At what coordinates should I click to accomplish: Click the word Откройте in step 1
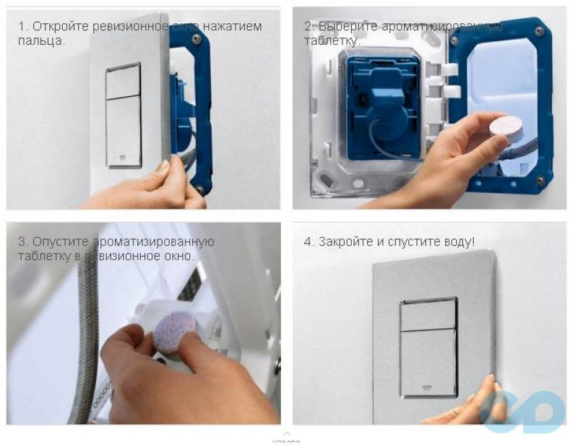(59, 27)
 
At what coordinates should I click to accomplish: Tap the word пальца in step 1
(39, 40)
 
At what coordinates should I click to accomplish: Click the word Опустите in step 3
(59, 241)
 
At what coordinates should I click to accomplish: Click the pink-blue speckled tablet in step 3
(176, 332)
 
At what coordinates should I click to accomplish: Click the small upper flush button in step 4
(428, 314)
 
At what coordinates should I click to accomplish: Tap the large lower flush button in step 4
(428, 361)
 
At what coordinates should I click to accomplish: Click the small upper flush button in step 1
(123, 81)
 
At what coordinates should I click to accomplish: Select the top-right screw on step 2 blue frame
(539, 31)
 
